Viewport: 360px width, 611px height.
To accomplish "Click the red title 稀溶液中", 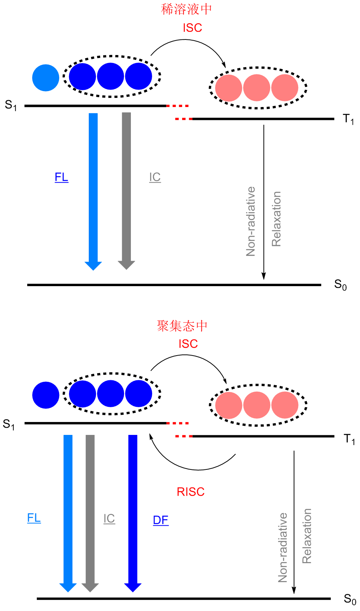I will [186, 9].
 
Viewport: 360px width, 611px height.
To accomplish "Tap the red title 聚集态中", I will [182, 326].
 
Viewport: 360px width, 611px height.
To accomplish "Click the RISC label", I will [190, 492].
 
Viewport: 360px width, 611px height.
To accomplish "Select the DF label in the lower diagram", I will [160, 520].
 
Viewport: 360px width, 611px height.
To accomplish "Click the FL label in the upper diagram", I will [61, 177].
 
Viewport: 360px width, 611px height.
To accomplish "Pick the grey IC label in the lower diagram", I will [109, 519].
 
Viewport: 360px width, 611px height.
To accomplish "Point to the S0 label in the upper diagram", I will [340, 285].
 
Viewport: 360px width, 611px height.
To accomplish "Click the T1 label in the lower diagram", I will [349, 439].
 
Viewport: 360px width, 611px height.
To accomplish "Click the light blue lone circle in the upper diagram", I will [46, 78].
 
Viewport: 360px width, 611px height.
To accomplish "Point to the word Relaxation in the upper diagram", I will [277, 219].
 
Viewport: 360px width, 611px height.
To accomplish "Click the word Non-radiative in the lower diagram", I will [283, 548].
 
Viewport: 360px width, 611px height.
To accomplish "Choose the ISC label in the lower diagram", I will [188, 344].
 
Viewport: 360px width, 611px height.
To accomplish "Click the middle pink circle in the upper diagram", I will [257, 88].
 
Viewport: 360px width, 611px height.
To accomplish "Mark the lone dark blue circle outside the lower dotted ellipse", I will [46, 395].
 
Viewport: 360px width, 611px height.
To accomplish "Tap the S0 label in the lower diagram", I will [350, 599].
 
